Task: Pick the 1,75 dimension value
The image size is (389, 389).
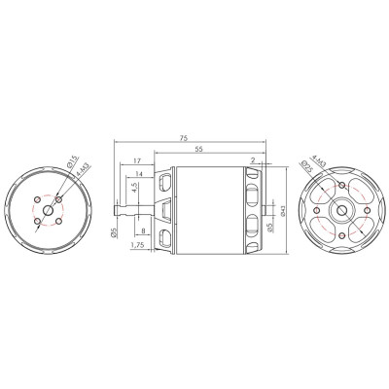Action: tap(137, 247)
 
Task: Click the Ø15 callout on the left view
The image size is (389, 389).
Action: tap(73, 161)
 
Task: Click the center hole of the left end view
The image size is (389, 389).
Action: tap(48, 211)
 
